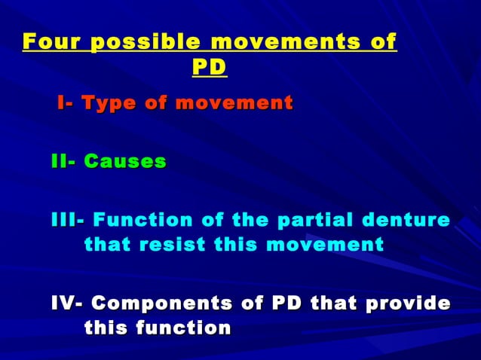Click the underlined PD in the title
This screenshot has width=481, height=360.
point(209,68)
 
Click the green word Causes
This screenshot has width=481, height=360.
point(125,161)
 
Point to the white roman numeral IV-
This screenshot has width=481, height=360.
point(68,304)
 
